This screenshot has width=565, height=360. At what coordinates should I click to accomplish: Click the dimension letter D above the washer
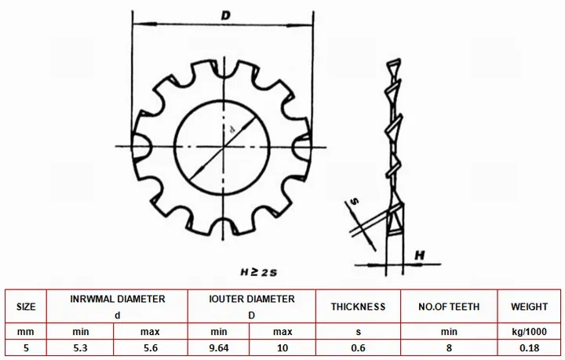(225, 16)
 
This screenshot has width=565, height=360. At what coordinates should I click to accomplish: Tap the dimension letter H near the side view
(419, 255)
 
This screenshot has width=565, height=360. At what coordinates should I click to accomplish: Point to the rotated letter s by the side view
(355, 201)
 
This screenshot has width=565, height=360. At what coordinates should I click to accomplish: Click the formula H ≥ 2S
(259, 272)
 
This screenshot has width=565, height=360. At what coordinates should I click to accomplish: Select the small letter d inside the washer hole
(232, 129)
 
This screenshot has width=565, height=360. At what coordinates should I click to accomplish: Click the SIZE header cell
(26, 307)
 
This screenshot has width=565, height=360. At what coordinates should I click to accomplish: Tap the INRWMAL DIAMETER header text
(118, 299)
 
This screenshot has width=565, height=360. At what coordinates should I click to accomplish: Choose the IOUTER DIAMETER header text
(252, 299)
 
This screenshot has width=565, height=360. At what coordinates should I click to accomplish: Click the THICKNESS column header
(358, 307)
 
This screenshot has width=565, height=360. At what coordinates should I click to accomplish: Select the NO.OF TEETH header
(449, 307)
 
